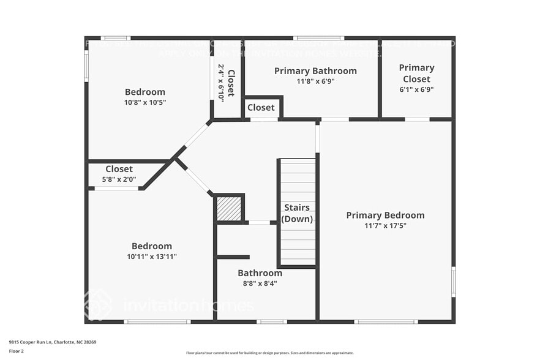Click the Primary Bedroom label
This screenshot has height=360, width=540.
385,215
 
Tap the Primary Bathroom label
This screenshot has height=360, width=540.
315,71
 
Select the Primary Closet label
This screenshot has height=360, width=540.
416,73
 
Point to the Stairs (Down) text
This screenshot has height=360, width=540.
297,213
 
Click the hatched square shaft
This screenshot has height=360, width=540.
230,208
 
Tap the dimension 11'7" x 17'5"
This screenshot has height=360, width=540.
385,225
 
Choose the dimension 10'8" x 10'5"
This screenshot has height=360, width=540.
145,102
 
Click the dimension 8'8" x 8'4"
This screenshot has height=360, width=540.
260,283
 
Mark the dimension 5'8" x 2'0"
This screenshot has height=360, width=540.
119,180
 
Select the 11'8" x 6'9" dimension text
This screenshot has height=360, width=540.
315,81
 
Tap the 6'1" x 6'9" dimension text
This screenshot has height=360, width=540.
416,89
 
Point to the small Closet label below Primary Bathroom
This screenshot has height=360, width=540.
261,108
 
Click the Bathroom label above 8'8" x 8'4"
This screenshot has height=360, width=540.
260,273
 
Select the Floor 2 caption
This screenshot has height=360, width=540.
17,351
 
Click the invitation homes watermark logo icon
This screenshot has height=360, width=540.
98,304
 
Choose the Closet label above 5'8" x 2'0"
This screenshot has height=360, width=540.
119,169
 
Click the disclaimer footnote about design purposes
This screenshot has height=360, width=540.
269,353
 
